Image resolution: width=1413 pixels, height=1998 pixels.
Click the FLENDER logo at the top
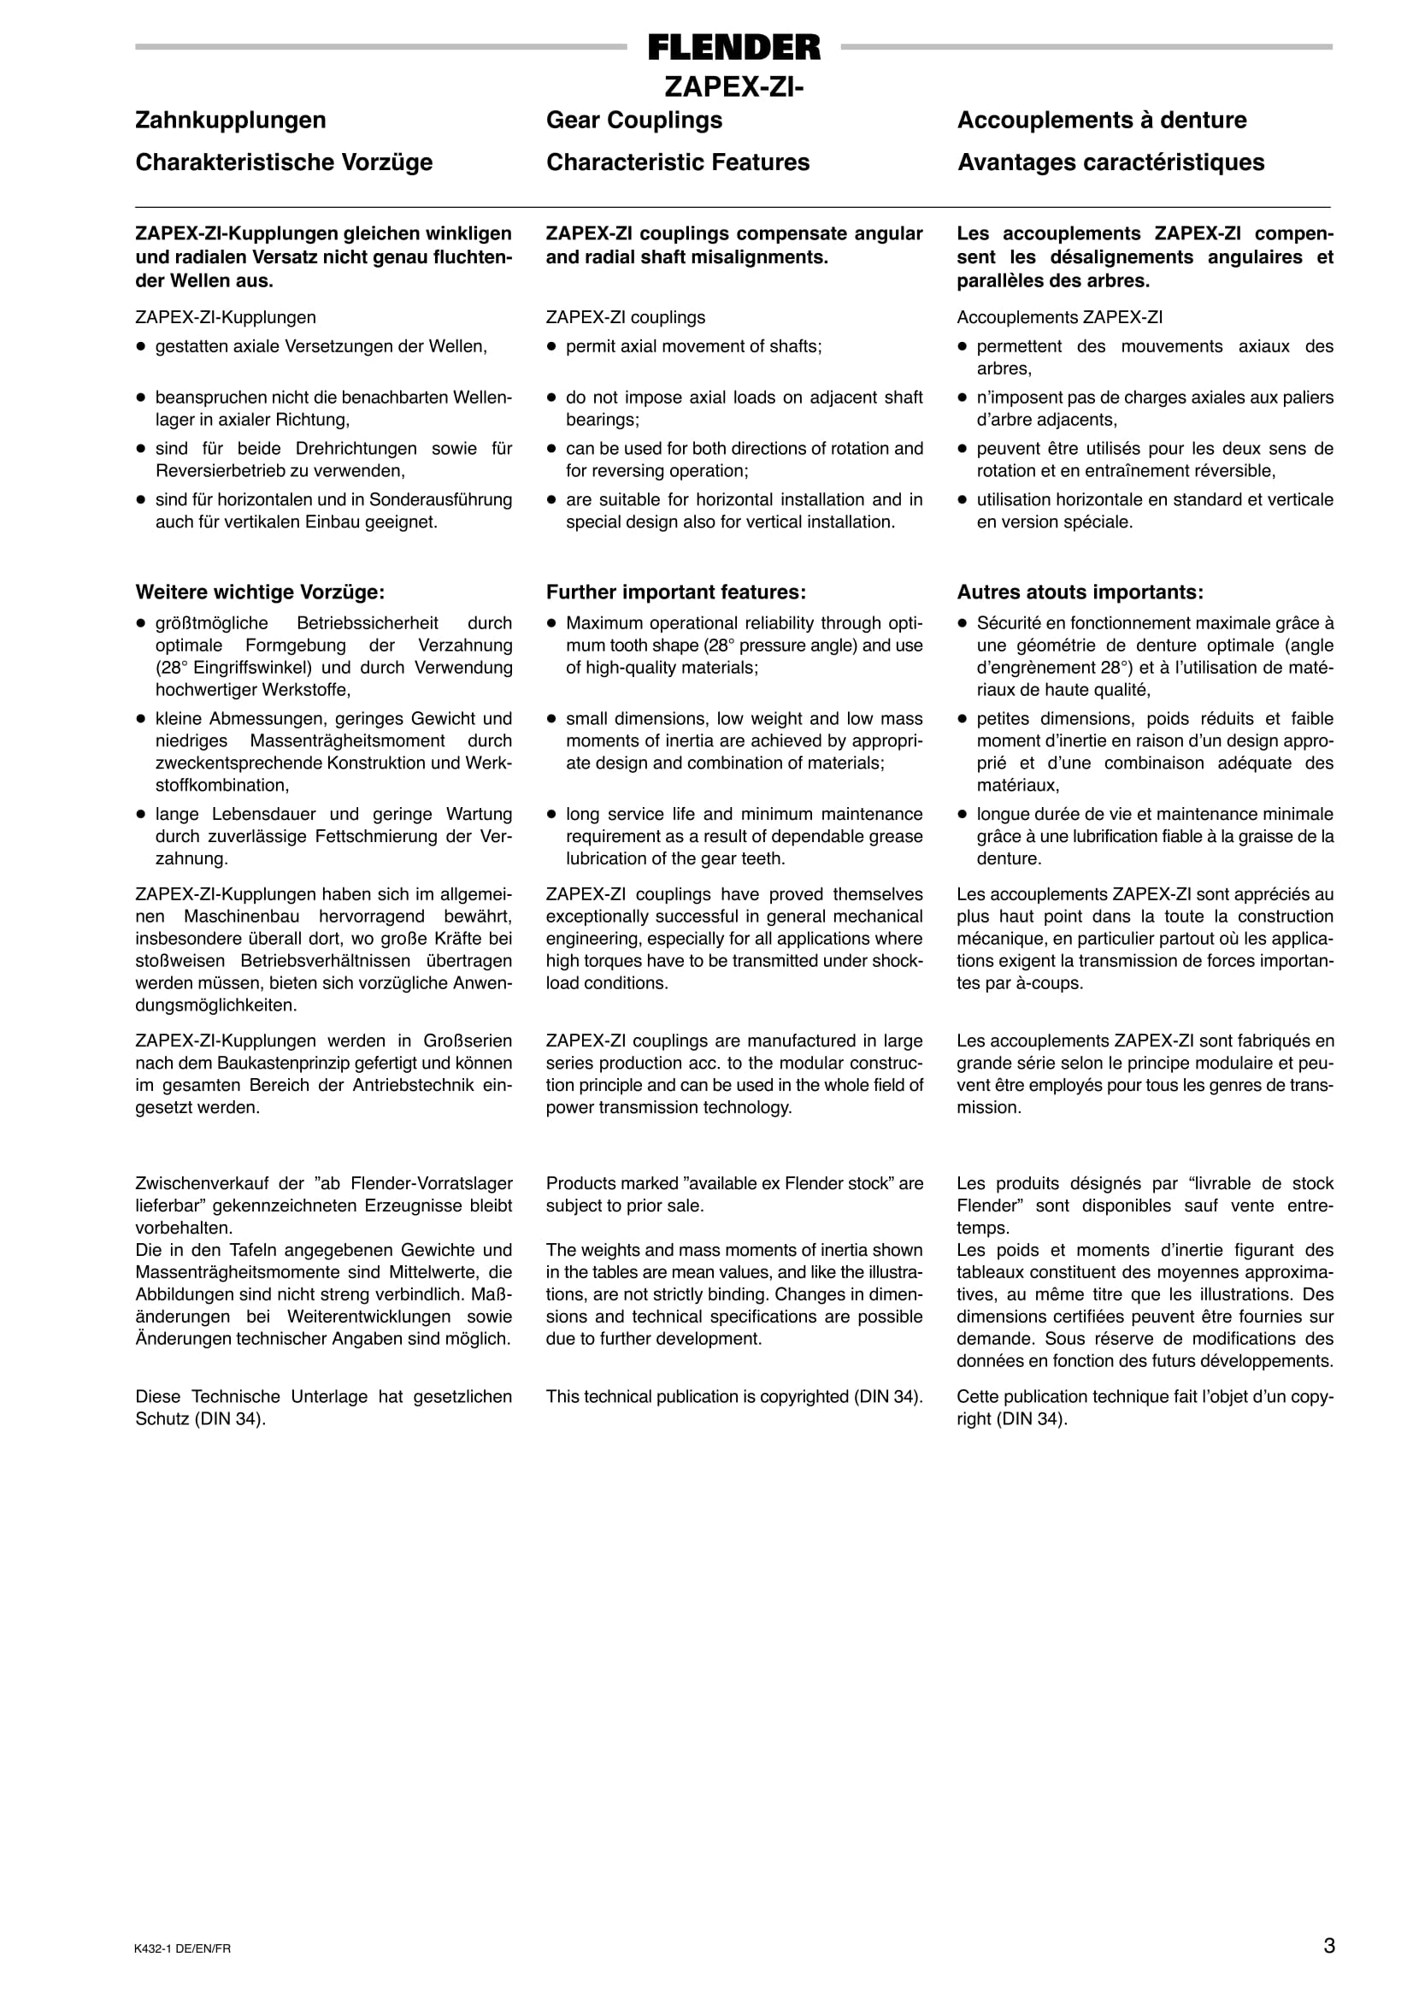click(733, 48)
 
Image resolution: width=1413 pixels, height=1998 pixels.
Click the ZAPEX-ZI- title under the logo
click(733, 87)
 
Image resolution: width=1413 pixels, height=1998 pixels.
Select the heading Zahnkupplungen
click(231, 120)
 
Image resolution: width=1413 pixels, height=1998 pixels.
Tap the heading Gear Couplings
click(634, 120)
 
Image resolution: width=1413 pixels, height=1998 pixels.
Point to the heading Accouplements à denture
click(1102, 120)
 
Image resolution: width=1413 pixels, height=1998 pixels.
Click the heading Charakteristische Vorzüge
click(284, 162)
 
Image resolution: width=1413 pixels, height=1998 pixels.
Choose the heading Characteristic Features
click(678, 162)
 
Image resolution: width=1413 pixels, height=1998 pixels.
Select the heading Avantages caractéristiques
click(1111, 162)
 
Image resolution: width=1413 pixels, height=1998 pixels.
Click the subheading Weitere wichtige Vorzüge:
click(260, 592)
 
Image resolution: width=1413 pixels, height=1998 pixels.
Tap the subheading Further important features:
click(676, 592)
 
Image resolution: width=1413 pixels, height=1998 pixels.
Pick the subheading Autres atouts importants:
click(1080, 592)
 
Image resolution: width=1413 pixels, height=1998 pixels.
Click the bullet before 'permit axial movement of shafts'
click(550, 347)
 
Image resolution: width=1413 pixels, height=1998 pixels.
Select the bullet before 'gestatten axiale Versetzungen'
click(140, 347)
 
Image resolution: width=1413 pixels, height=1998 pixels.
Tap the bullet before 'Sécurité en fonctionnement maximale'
click(963, 624)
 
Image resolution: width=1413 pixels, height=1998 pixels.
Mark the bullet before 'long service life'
click(550, 816)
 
